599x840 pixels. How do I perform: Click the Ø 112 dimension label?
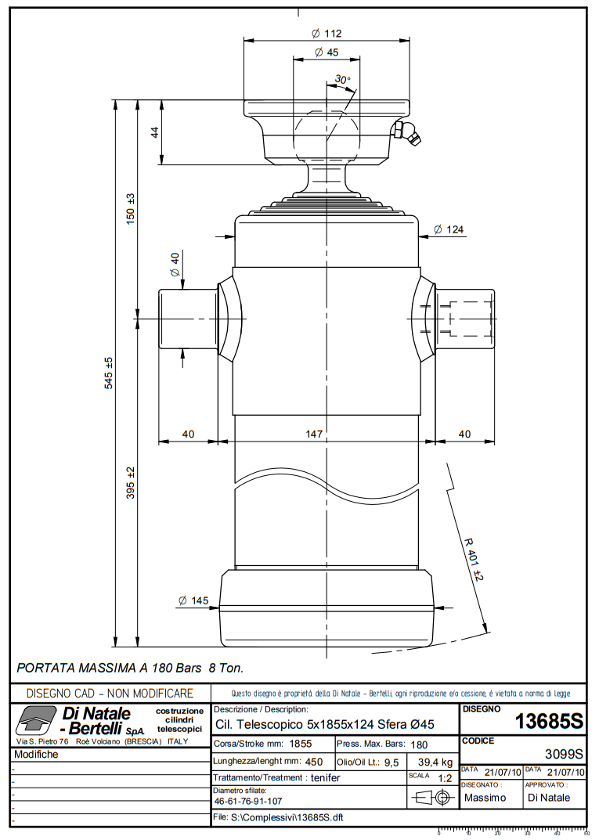coord(327,34)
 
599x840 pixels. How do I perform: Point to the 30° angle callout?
coord(342,80)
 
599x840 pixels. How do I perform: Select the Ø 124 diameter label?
coord(449,229)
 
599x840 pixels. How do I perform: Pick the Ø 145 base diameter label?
coord(193,600)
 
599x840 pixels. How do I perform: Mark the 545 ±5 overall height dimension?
coord(110,373)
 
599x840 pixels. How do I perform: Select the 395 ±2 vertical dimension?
coord(132,482)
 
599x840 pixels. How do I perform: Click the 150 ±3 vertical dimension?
coord(132,209)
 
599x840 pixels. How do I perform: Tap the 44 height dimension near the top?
coord(154,132)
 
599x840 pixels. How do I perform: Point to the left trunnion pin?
coord(188,319)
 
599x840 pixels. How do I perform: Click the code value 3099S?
coord(564,755)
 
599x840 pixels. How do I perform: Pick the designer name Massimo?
coord(485,798)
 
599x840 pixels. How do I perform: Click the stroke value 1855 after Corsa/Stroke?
coord(301,744)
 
